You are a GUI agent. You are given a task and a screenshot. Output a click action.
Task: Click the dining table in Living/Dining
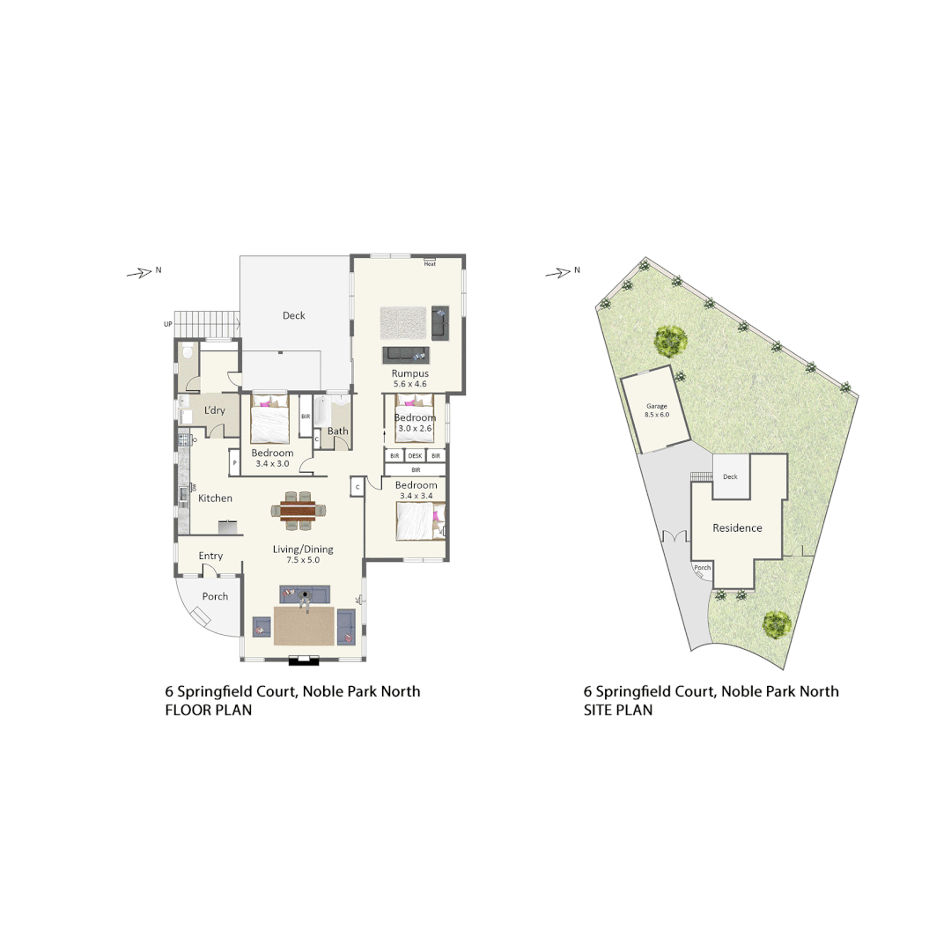[x=298, y=510]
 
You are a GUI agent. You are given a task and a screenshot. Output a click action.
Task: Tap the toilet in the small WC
[x=188, y=352]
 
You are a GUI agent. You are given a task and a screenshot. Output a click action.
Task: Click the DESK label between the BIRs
[x=416, y=455]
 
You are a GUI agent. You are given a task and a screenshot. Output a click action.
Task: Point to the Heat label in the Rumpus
[x=430, y=263]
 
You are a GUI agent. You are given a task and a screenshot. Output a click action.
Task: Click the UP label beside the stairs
[x=167, y=324]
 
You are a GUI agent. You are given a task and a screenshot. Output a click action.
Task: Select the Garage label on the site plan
[x=657, y=407]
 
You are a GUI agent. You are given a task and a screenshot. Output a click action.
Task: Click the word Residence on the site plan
[x=737, y=528]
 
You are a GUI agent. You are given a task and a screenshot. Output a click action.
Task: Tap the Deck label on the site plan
[x=730, y=476]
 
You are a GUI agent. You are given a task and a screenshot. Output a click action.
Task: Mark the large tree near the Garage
[x=671, y=339]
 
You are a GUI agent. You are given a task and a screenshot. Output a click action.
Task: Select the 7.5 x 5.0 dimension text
[x=303, y=560]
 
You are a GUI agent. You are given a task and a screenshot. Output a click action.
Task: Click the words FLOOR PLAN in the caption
[x=209, y=710]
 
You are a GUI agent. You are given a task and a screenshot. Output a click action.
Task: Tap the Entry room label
[x=210, y=556]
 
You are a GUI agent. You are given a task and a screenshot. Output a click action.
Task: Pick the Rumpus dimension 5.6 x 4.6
[x=409, y=385]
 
